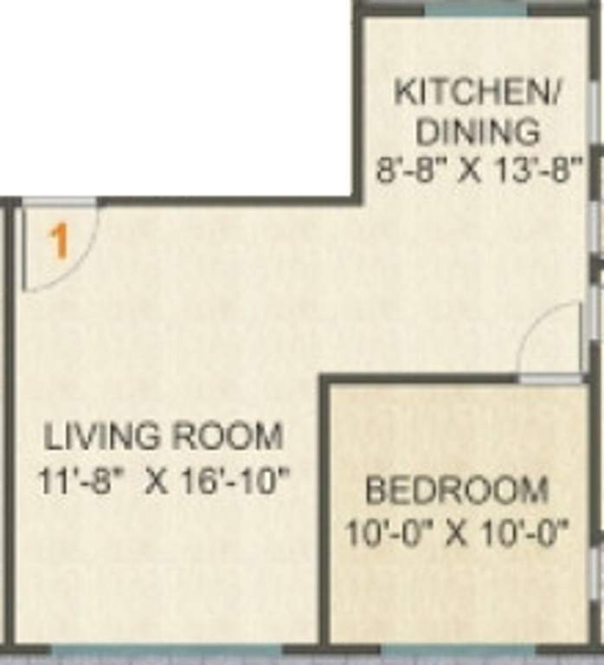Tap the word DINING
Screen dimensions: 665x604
478,132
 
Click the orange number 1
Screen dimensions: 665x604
59,242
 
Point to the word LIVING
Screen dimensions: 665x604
104,436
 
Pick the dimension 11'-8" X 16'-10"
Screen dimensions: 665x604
162,481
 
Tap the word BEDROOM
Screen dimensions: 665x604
457,490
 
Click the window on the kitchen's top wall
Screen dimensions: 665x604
477,8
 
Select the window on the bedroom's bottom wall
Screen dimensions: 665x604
458,649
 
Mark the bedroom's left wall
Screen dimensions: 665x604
324,511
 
